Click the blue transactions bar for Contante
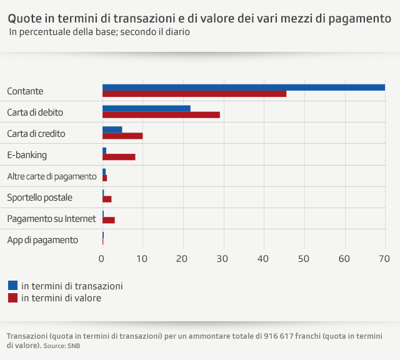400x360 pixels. pos(244,87)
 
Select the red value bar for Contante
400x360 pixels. pos(194,94)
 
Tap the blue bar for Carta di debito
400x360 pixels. pos(146,109)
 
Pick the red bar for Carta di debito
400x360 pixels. pos(161,115)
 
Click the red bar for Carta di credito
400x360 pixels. pos(122,136)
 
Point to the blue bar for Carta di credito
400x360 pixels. pos(112,130)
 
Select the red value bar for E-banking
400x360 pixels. pos(119,157)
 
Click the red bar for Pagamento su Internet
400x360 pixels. pos(109,221)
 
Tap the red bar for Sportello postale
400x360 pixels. pos(107,199)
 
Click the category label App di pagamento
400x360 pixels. pos(42,240)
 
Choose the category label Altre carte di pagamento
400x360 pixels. pos(51,176)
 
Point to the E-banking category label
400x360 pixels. pos(27,155)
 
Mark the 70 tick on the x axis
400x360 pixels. pos(384,258)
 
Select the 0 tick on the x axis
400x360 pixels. pos(102,258)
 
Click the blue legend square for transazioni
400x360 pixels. pos(12,286)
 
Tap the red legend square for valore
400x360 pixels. pos(12,298)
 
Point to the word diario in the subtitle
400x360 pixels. pos(176,32)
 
